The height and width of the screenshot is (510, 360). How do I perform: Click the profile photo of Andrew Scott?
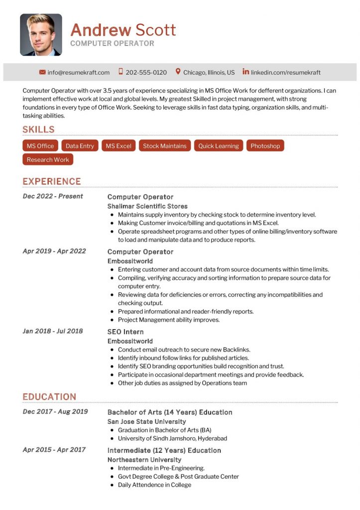[x=41, y=34]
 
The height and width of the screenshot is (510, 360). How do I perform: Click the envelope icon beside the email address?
[x=42, y=72]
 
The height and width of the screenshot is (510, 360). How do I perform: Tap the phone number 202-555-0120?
[x=146, y=72]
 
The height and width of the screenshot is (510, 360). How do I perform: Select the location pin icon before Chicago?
[x=178, y=72]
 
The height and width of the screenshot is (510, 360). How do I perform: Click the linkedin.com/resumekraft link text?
[x=285, y=72]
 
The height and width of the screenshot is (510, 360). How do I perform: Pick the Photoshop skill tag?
[x=265, y=146]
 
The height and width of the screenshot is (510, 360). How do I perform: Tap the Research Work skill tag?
[x=48, y=159]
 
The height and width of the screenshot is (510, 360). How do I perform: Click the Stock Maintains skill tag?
[x=164, y=146]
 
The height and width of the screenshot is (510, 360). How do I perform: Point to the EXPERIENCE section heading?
[x=51, y=181]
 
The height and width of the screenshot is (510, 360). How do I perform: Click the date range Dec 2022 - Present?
[x=53, y=196]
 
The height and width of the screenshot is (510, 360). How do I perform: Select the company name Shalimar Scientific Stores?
[x=147, y=206]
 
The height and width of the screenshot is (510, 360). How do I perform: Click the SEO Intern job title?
[x=125, y=332]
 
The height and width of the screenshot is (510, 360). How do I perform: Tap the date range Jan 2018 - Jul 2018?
[x=53, y=331]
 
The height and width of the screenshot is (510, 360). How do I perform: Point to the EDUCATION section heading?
[x=49, y=397]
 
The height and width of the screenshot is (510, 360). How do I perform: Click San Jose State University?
[x=146, y=421]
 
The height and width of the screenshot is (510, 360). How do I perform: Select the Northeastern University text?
[x=144, y=460]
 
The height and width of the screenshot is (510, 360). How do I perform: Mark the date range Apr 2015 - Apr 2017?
[x=54, y=450]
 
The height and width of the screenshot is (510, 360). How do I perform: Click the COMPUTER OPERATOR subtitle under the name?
[x=112, y=43]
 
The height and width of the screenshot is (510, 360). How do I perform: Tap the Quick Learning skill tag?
[x=219, y=146]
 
